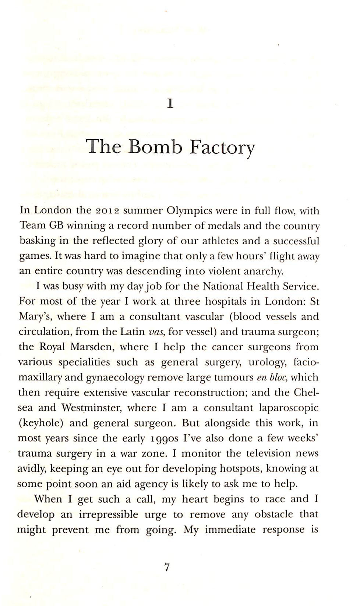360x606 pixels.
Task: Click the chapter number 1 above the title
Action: pyautogui.click(x=170, y=104)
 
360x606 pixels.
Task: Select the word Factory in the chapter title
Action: pyautogui.click(x=222, y=148)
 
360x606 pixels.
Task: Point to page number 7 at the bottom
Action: pyautogui.click(x=167, y=568)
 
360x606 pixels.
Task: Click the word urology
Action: pyautogui.click(x=268, y=362)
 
